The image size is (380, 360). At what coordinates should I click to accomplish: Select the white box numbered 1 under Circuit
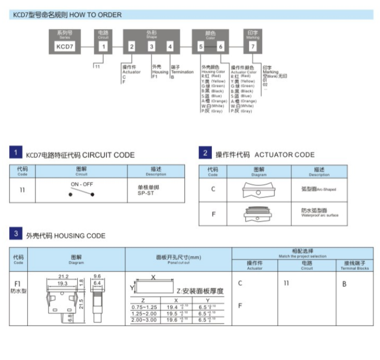pos(103,47)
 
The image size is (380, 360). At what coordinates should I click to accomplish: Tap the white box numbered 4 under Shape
pos(170,47)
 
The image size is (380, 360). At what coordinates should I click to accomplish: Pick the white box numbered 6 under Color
pos(221,47)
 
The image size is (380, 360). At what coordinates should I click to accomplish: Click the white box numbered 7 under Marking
pos(252,47)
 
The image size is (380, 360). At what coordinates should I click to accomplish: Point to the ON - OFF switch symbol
pos(82,191)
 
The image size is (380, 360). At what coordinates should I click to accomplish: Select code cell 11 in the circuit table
pos(22,191)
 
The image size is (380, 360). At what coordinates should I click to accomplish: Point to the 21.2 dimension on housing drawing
pos(63,277)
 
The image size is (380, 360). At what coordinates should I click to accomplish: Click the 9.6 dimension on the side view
pos(97,277)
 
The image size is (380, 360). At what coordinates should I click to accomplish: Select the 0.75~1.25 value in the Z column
pos(143,307)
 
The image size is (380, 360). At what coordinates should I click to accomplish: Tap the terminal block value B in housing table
pos(344,284)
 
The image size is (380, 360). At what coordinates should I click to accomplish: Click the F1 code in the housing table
pos(18,284)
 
